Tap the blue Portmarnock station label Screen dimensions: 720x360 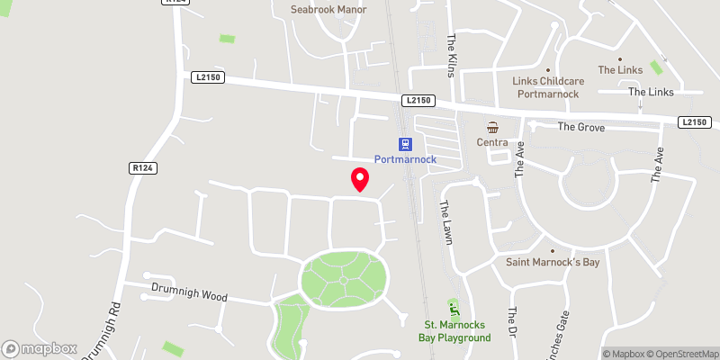point(405,159)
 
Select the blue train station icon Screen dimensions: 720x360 point(406,143)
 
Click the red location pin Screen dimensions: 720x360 point(360,179)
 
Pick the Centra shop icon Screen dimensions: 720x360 point(493,127)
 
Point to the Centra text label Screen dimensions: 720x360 point(493,142)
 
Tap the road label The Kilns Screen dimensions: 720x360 point(453,56)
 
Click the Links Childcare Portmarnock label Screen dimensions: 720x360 point(549,87)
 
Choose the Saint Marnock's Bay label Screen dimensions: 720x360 point(553,262)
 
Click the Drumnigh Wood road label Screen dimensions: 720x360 point(189,294)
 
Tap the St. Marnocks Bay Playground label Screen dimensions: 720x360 point(455,330)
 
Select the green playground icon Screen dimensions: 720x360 point(454,309)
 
